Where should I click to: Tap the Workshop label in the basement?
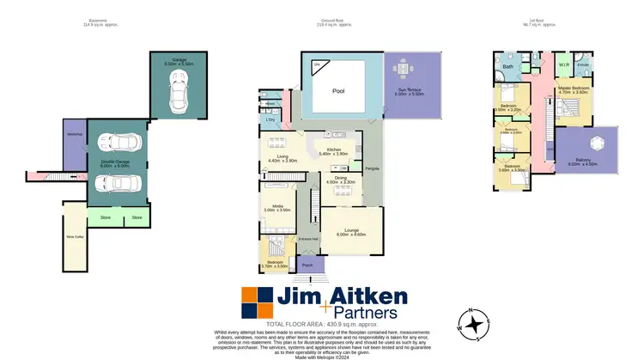coord(73,134)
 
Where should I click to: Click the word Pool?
coord(326,90)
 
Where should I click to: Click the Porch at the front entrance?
coord(307,265)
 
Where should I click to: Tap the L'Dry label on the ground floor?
coord(270,119)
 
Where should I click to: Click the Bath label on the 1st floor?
coord(507,67)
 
